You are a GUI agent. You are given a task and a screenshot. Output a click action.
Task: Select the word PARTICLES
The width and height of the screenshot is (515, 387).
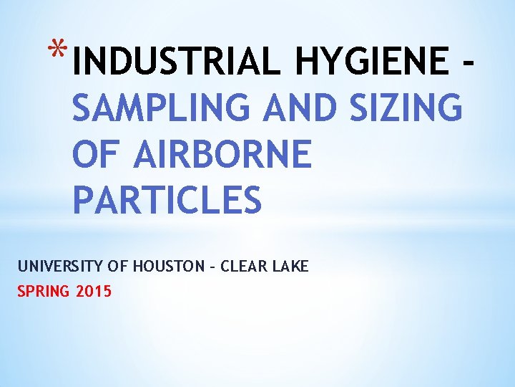pos(167,201)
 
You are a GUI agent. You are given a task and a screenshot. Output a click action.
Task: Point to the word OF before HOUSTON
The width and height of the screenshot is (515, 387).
pos(117,267)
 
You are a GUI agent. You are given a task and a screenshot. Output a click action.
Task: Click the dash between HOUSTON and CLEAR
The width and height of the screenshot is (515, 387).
pos(212,267)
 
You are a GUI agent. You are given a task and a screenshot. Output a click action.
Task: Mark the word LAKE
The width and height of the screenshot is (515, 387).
pos(292,267)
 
